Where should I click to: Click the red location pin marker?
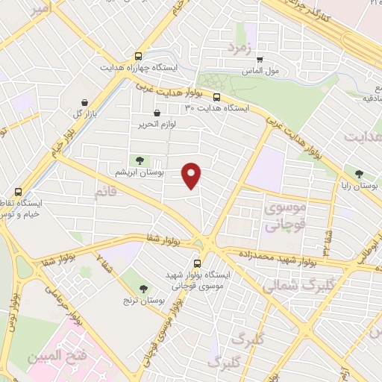tap(193, 174)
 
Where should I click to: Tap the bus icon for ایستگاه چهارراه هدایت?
tap(138, 56)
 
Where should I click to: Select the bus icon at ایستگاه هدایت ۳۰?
tap(216, 97)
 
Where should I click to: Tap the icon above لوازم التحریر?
tap(156, 113)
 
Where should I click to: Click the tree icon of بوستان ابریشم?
tap(140, 160)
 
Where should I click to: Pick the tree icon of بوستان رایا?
tap(360, 173)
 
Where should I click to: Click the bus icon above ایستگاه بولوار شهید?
tap(198, 263)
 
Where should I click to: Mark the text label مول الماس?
tap(260, 72)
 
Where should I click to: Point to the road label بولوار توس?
tap(13, 310)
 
